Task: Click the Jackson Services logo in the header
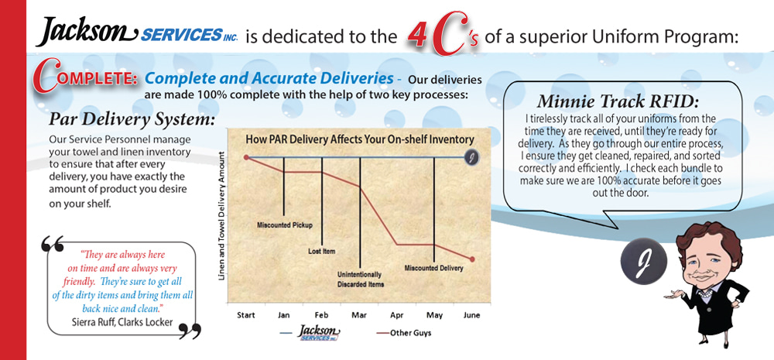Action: [136, 32]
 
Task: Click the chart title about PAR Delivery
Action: [360, 140]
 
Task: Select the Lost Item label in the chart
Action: [321, 252]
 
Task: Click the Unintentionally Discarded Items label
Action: [361, 279]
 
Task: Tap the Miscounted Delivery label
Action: [434, 268]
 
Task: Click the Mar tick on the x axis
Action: [359, 315]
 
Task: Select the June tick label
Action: [471, 315]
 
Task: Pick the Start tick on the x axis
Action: [245, 315]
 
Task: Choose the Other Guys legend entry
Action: [403, 333]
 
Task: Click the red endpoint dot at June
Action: [472, 259]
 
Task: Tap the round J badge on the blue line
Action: [472, 157]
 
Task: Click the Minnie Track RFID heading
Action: [618, 101]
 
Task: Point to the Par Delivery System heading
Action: [132, 120]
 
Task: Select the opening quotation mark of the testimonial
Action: [53, 243]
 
